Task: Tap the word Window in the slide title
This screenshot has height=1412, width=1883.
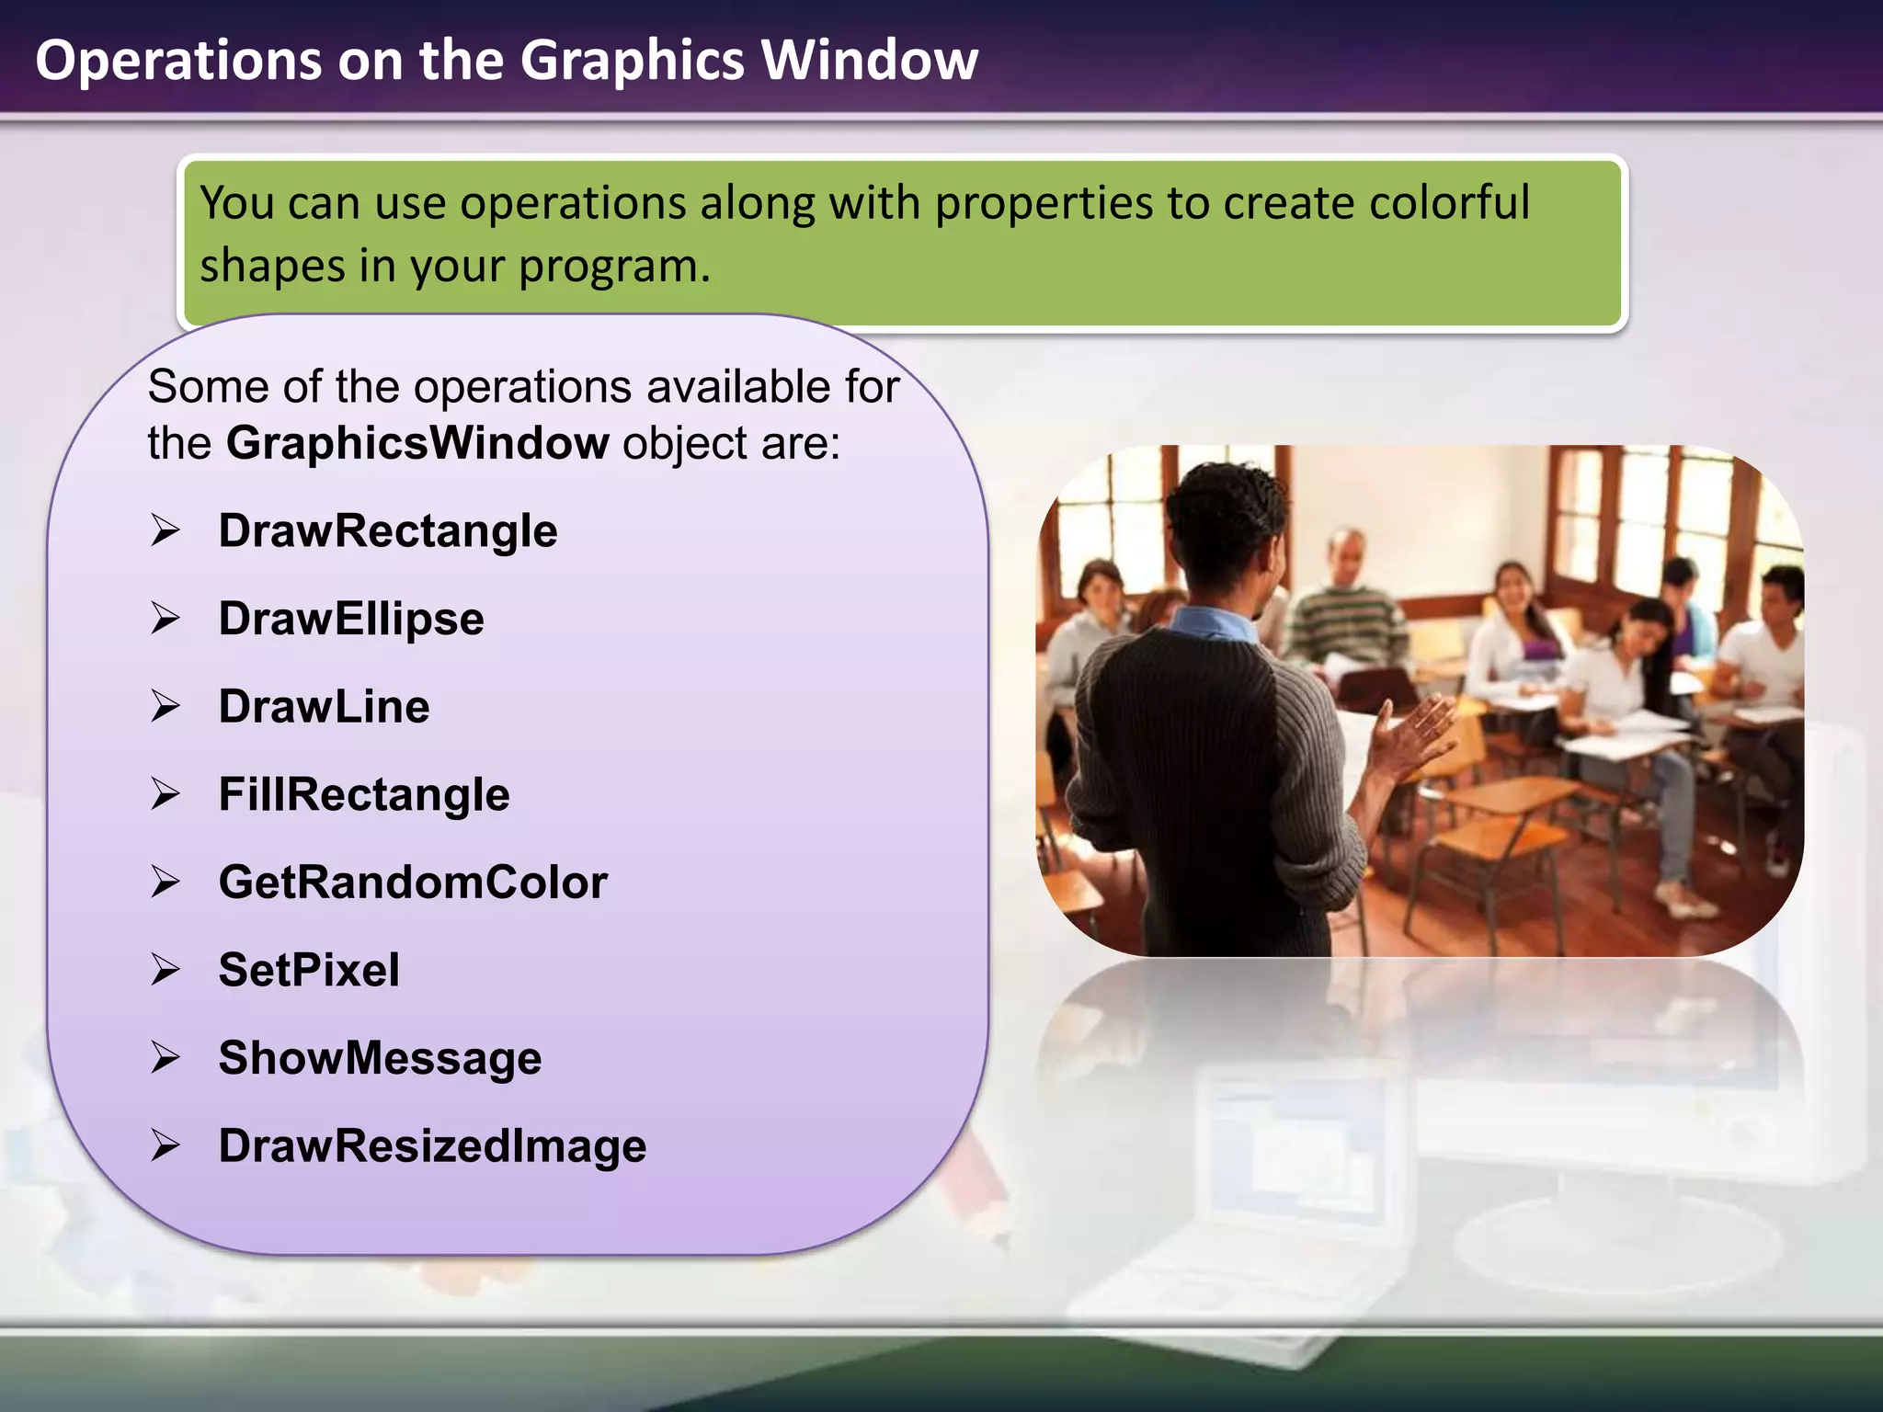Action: (x=869, y=61)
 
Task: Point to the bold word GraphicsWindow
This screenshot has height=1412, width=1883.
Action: (x=417, y=443)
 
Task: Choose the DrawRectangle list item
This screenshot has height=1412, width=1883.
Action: (x=387, y=531)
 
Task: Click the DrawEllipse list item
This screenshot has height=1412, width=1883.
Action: (x=350, y=619)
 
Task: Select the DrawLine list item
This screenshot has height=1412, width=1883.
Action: (x=324, y=707)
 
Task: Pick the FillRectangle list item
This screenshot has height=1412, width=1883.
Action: (x=363, y=794)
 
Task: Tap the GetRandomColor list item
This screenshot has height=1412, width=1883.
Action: (x=413, y=882)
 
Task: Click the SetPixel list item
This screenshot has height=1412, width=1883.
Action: (x=309, y=970)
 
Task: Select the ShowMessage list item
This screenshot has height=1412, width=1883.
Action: (x=380, y=1058)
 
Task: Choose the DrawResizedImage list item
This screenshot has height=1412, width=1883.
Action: (x=432, y=1146)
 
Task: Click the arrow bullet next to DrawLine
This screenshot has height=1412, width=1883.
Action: (x=165, y=706)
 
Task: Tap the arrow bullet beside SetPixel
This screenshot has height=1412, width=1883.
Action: (x=165, y=970)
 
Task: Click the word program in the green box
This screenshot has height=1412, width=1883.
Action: (x=613, y=267)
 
